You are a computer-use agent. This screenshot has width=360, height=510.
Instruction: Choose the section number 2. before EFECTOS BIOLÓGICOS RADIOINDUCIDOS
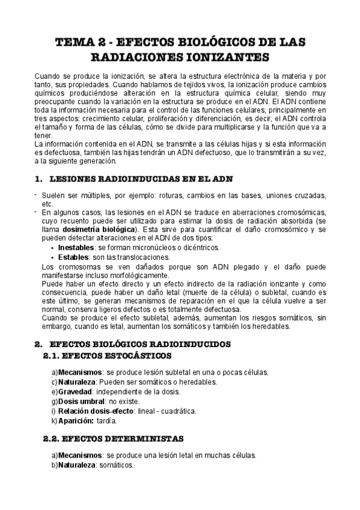[38, 345]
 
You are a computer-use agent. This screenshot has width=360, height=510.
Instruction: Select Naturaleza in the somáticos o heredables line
[79, 381]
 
